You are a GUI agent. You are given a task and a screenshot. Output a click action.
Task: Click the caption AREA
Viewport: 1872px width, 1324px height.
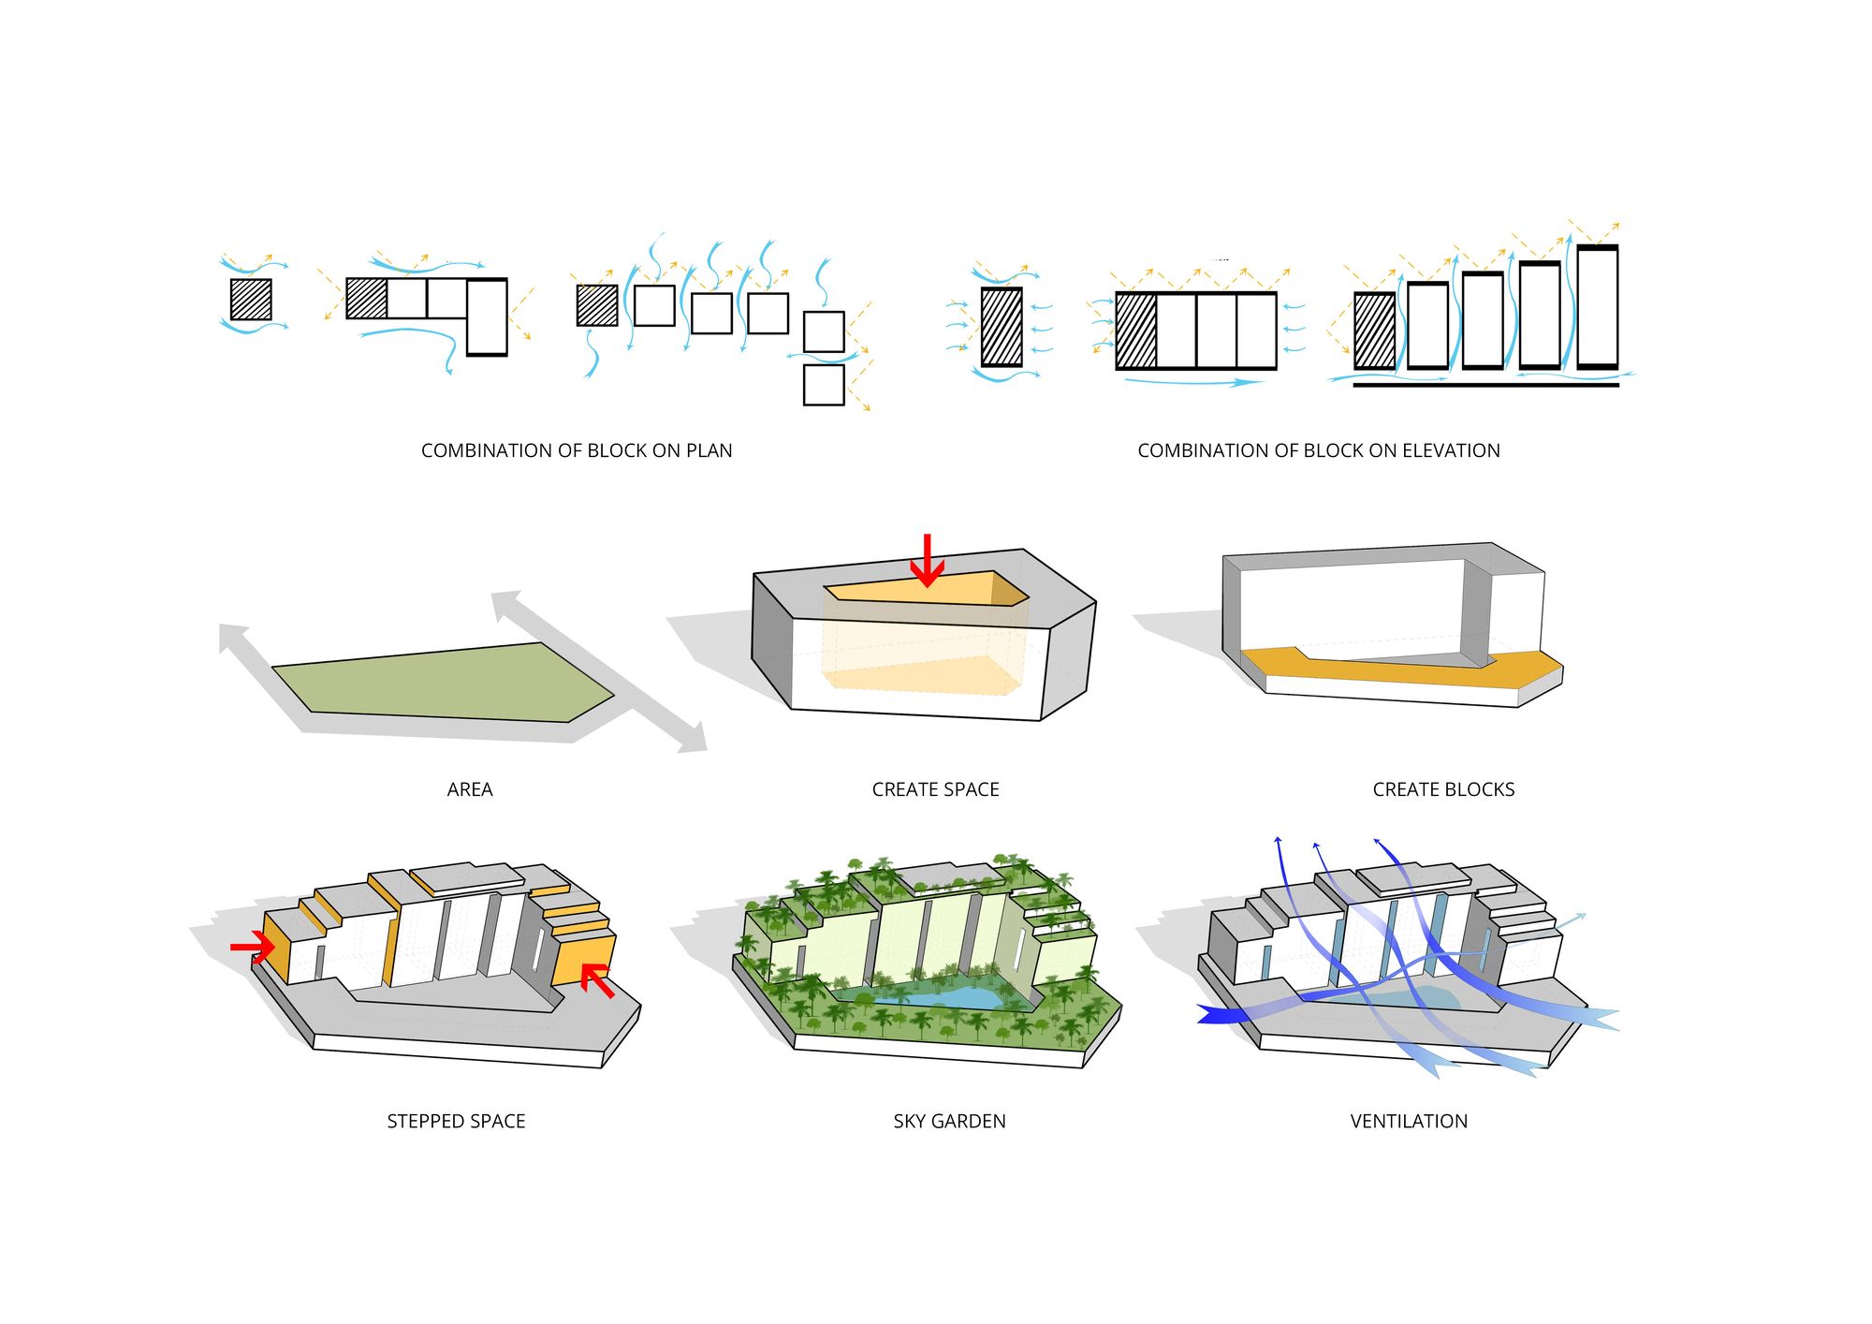tap(469, 789)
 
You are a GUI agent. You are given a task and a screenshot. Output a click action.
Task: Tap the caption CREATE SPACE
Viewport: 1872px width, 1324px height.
tap(935, 789)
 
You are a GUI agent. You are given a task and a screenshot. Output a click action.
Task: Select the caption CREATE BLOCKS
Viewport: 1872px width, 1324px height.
tap(1442, 789)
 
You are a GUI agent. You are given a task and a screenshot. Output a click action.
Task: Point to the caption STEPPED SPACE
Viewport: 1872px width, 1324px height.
tap(456, 1121)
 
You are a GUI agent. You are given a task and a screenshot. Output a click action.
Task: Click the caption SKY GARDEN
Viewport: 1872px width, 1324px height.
tap(949, 1121)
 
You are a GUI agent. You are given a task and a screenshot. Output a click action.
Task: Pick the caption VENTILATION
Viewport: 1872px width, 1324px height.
tap(1408, 1121)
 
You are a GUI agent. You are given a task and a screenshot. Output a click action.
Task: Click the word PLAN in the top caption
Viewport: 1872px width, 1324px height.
tap(709, 450)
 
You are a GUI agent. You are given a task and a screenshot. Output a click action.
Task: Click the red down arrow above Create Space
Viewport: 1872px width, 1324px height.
tap(927, 561)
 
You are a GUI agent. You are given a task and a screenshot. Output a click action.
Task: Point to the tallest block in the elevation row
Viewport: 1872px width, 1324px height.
tap(1597, 306)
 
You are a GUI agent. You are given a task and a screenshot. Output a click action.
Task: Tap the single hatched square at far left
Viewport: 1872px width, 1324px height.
tap(251, 300)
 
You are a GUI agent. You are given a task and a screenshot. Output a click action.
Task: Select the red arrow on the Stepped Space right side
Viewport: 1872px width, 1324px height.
tap(596, 981)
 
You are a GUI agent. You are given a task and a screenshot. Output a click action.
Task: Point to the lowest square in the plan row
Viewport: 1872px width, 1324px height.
tap(824, 385)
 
